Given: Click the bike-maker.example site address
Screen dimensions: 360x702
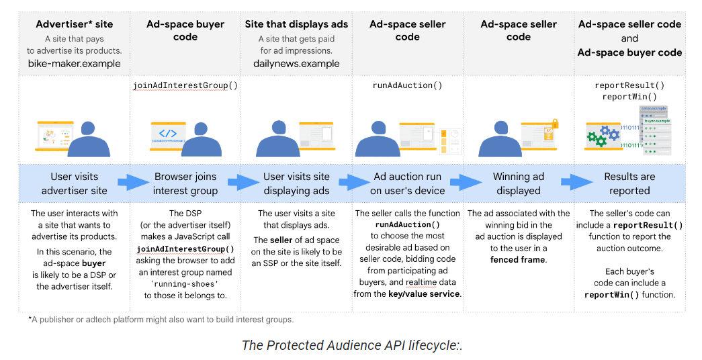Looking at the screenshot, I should pos(74,64).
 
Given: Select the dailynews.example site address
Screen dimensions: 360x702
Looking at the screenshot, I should pos(296,64).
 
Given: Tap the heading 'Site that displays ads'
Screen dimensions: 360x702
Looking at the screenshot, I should pos(296,24).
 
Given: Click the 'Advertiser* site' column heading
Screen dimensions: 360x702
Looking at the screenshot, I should pos(74,24).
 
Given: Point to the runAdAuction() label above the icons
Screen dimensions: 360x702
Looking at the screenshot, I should pos(407,85).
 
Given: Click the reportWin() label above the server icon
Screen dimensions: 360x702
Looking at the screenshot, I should pos(629,97).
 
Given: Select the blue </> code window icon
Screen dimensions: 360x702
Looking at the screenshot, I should pos(168,134).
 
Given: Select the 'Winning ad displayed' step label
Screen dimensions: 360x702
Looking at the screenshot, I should pos(518,183).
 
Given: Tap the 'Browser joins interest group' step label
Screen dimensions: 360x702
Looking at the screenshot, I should pos(185,183).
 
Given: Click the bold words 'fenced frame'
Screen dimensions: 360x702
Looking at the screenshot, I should pos(518,259).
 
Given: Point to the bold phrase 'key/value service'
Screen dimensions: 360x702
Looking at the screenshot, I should pos(424,294).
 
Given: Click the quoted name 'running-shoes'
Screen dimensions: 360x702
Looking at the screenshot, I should pos(185,283).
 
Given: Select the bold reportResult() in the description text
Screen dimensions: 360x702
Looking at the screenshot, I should pos(648,225).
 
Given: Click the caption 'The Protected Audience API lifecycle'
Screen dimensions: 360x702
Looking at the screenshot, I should pos(351,345).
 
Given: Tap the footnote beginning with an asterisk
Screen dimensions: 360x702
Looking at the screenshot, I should pos(161,319).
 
